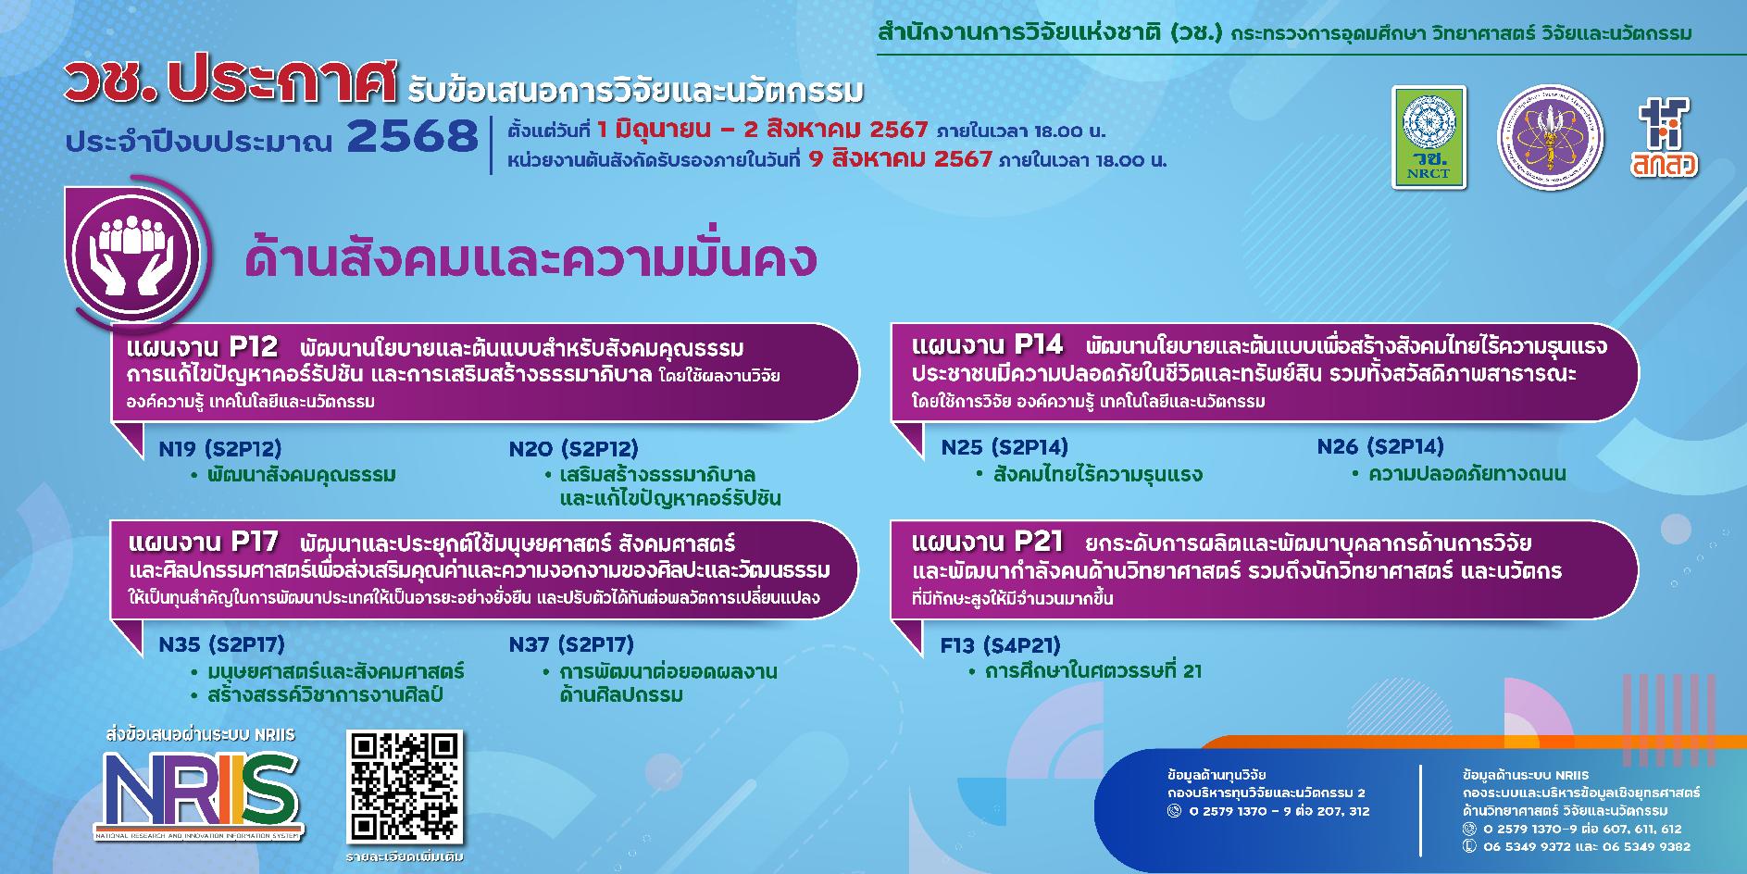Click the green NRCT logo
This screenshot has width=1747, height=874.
(1429, 137)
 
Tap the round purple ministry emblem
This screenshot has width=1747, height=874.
(1550, 137)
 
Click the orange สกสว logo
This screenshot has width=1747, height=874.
(1665, 136)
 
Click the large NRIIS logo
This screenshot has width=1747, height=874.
(201, 793)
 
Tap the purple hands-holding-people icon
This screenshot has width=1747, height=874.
(136, 249)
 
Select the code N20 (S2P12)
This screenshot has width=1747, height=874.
(573, 449)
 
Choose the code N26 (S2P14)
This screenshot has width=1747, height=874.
(1379, 447)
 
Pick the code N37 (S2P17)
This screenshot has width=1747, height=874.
(570, 644)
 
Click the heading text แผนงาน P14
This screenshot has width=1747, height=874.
(987, 345)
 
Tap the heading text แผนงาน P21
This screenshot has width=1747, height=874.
(987, 541)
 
